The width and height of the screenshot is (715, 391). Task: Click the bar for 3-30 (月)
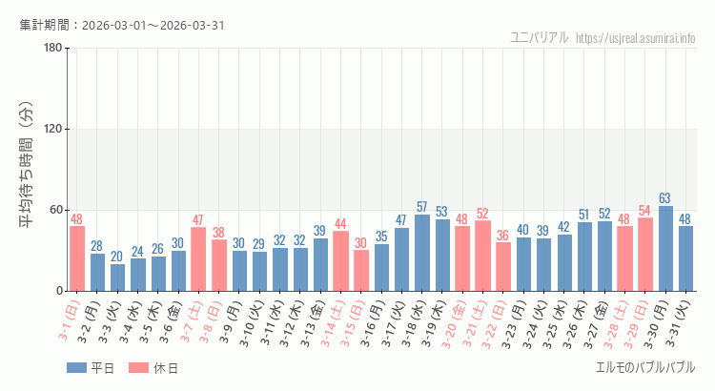click(x=665, y=249)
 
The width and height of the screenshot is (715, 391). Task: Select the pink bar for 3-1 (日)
click(x=77, y=258)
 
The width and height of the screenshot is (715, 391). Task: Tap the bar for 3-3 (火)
click(x=117, y=278)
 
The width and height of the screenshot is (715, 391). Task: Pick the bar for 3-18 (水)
click(x=422, y=253)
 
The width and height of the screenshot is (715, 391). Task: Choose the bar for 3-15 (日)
click(x=361, y=271)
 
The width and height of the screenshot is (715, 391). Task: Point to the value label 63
click(x=665, y=198)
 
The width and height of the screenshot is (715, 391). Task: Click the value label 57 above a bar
click(x=422, y=207)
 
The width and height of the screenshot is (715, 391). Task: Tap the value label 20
click(x=117, y=257)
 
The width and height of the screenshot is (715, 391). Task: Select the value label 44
click(x=340, y=224)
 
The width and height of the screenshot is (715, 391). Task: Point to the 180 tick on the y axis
click(x=53, y=49)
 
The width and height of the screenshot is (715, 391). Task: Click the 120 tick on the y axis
click(x=53, y=130)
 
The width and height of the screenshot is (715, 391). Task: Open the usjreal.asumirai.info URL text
click(x=636, y=38)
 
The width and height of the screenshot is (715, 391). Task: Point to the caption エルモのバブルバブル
click(x=644, y=368)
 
